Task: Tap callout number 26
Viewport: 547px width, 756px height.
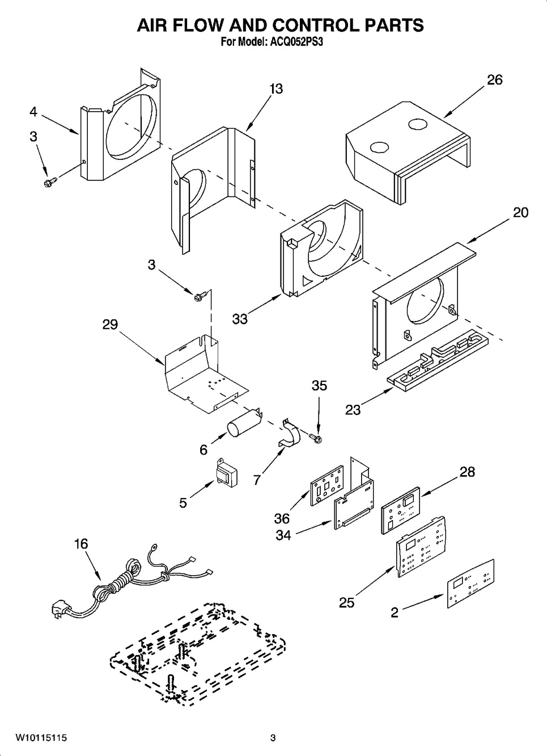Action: [494, 80]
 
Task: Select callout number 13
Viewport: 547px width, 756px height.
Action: [276, 89]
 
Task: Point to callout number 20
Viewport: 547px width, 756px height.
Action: [520, 212]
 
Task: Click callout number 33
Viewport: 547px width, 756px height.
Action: [240, 319]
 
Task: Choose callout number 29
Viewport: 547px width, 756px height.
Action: [110, 324]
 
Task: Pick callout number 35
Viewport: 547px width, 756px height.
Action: [319, 386]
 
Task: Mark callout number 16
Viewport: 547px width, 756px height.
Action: [81, 544]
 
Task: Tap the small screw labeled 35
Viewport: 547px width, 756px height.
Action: [315, 437]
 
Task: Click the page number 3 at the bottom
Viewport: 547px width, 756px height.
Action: [273, 738]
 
